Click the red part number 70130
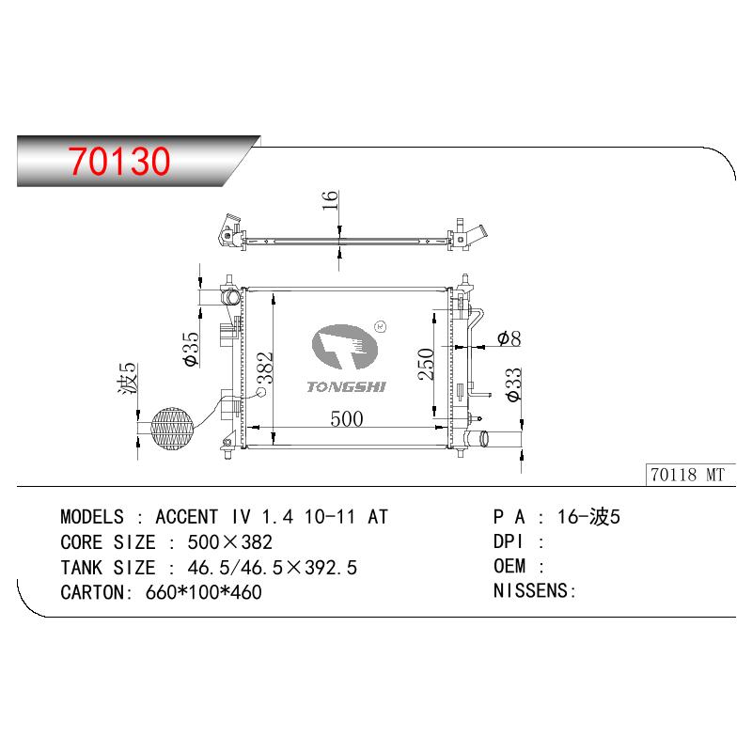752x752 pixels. [x=119, y=161]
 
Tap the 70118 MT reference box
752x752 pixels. [x=690, y=475]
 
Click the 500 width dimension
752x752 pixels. [x=347, y=418]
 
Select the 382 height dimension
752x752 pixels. [x=265, y=368]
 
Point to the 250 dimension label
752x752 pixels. [x=426, y=365]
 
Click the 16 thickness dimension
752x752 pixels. [x=330, y=200]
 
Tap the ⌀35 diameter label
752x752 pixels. [x=192, y=349]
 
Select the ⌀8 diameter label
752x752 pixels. [x=509, y=338]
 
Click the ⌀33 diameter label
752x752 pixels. [x=513, y=384]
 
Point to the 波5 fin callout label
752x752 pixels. [x=128, y=379]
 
